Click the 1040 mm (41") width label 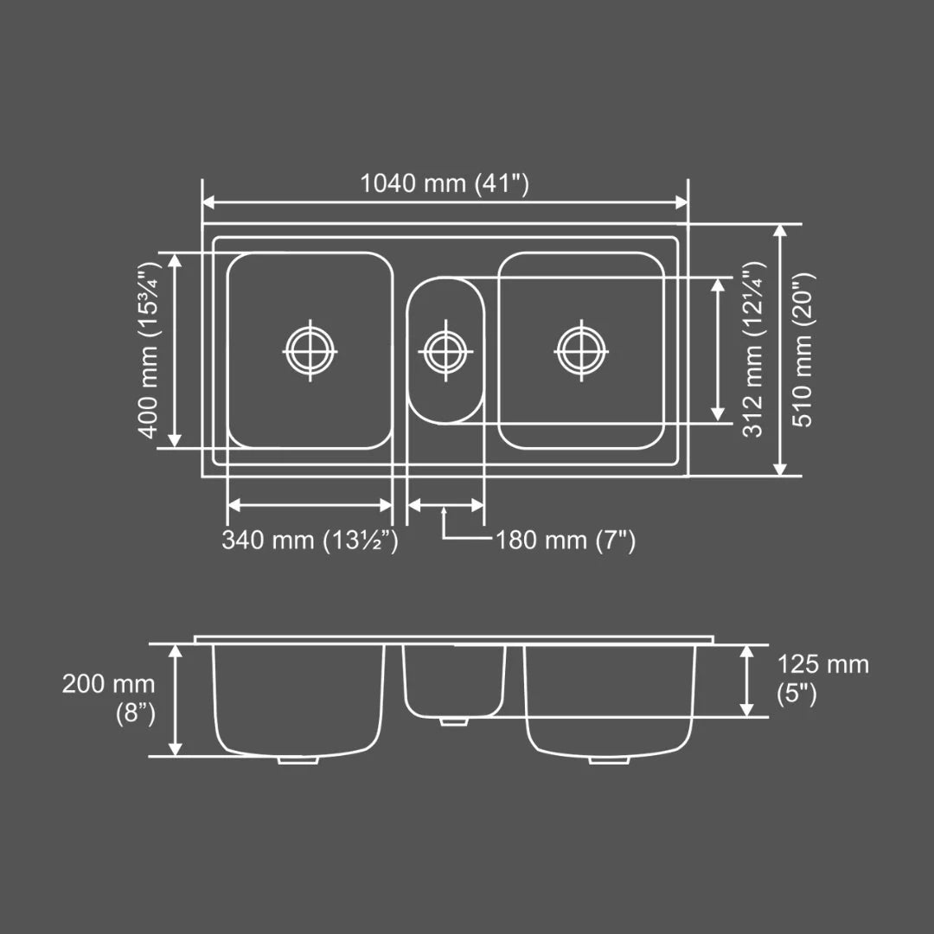444,183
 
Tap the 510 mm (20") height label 803,349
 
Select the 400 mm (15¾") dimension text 148,349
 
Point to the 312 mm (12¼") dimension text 752,349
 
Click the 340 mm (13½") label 310,541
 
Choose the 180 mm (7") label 566,541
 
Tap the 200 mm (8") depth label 110,699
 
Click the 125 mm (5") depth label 822,679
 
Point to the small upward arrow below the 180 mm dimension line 444,513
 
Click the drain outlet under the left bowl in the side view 298,760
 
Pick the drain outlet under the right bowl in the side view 610,760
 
